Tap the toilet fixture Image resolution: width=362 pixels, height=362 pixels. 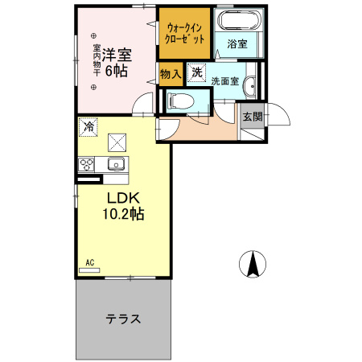tap(180, 101)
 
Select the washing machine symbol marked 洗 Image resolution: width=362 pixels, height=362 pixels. tap(196, 72)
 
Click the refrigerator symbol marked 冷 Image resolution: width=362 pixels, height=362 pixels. tap(88, 127)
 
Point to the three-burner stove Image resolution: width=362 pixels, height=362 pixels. tap(86, 164)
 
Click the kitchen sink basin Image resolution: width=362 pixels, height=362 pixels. tap(116, 163)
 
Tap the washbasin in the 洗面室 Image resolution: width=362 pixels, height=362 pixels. tap(250, 86)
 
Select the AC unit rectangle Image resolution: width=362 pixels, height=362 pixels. tap(89, 270)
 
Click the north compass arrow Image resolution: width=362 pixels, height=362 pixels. tap(253, 264)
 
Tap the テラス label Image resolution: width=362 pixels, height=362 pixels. tap(123, 319)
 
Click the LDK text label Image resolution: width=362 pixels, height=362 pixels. tap(123, 198)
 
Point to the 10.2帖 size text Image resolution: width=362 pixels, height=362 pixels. tap(123, 214)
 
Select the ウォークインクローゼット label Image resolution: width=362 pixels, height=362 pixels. tap(184, 33)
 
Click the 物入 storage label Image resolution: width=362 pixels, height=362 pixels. tap(171, 74)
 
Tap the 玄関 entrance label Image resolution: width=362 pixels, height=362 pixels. tap(253, 117)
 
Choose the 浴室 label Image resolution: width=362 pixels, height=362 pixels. tap(237, 43)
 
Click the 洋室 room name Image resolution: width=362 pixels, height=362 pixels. tap(117, 55)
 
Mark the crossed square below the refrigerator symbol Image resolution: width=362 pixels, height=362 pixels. tap(117, 142)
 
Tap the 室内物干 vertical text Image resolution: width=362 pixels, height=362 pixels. tap(97, 60)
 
